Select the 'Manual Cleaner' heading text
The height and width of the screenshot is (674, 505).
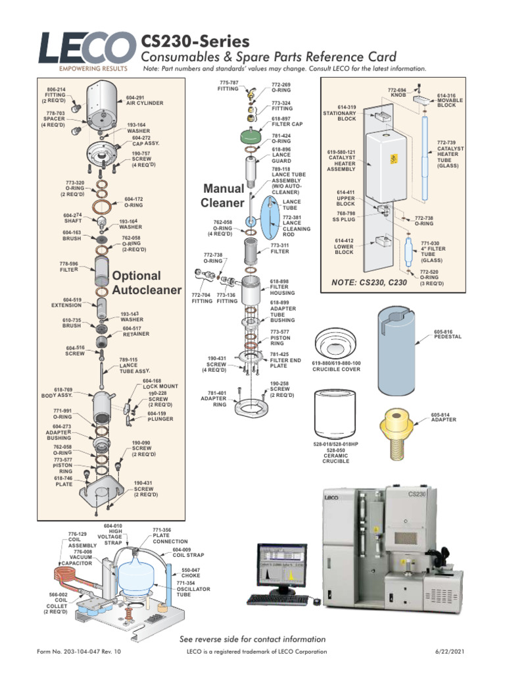[223, 195]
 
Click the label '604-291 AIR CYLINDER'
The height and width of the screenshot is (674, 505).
[144, 100]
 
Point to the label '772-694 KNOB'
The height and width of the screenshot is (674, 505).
[397, 91]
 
